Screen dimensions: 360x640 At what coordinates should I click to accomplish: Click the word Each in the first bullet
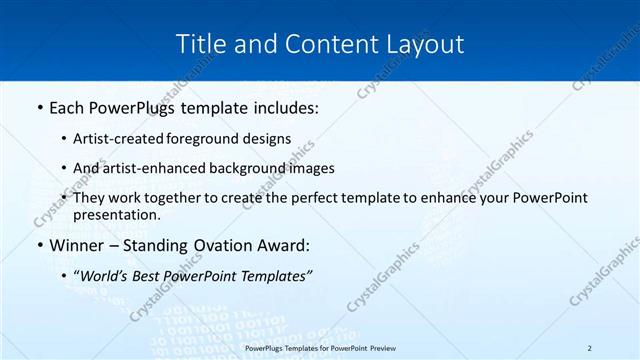tap(69, 107)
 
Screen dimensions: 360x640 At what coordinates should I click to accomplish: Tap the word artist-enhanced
tap(158, 168)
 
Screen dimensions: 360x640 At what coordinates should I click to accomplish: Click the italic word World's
tap(104, 275)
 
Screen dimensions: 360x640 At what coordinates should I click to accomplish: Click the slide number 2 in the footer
tap(590, 347)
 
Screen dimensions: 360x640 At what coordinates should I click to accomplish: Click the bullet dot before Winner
tap(40, 246)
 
